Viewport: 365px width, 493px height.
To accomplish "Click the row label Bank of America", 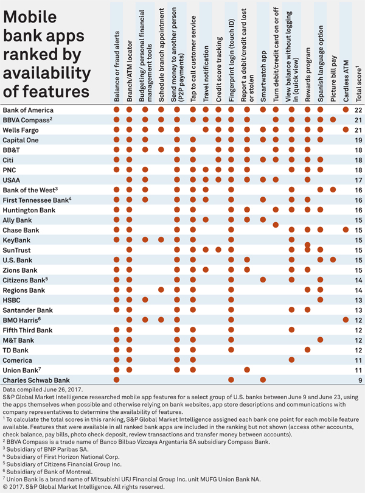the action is (x=28, y=110).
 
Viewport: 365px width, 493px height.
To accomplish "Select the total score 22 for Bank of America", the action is (x=358, y=110).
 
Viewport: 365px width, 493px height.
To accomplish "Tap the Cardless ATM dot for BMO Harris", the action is (x=346, y=320).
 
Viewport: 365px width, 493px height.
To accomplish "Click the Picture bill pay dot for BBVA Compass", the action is (x=333, y=119).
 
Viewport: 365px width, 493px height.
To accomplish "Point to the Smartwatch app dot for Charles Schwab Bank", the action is (x=263, y=380).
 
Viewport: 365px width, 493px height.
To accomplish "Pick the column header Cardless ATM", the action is (x=346, y=81).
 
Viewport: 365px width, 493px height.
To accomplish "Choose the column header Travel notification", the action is (x=206, y=74).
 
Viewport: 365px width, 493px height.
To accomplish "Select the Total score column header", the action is (x=359, y=83).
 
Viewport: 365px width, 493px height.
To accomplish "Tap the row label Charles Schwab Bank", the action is (x=36, y=380).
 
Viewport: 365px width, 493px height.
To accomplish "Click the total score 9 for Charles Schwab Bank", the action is (x=360, y=380).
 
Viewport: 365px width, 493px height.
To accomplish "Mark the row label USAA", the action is (x=12, y=180).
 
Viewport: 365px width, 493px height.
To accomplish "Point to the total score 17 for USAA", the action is (x=358, y=180).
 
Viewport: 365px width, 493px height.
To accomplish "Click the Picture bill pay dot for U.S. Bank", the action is (x=333, y=260).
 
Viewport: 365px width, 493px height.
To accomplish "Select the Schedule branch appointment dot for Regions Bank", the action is (x=161, y=290).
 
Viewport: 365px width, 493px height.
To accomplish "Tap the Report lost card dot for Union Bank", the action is (x=247, y=370).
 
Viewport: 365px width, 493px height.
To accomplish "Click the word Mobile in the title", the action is (x=30, y=16).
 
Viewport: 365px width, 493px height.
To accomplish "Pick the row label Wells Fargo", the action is (x=21, y=130).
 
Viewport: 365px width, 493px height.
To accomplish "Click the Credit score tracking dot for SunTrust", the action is (x=218, y=250).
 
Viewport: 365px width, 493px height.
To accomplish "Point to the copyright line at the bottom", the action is (x=83, y=487).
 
